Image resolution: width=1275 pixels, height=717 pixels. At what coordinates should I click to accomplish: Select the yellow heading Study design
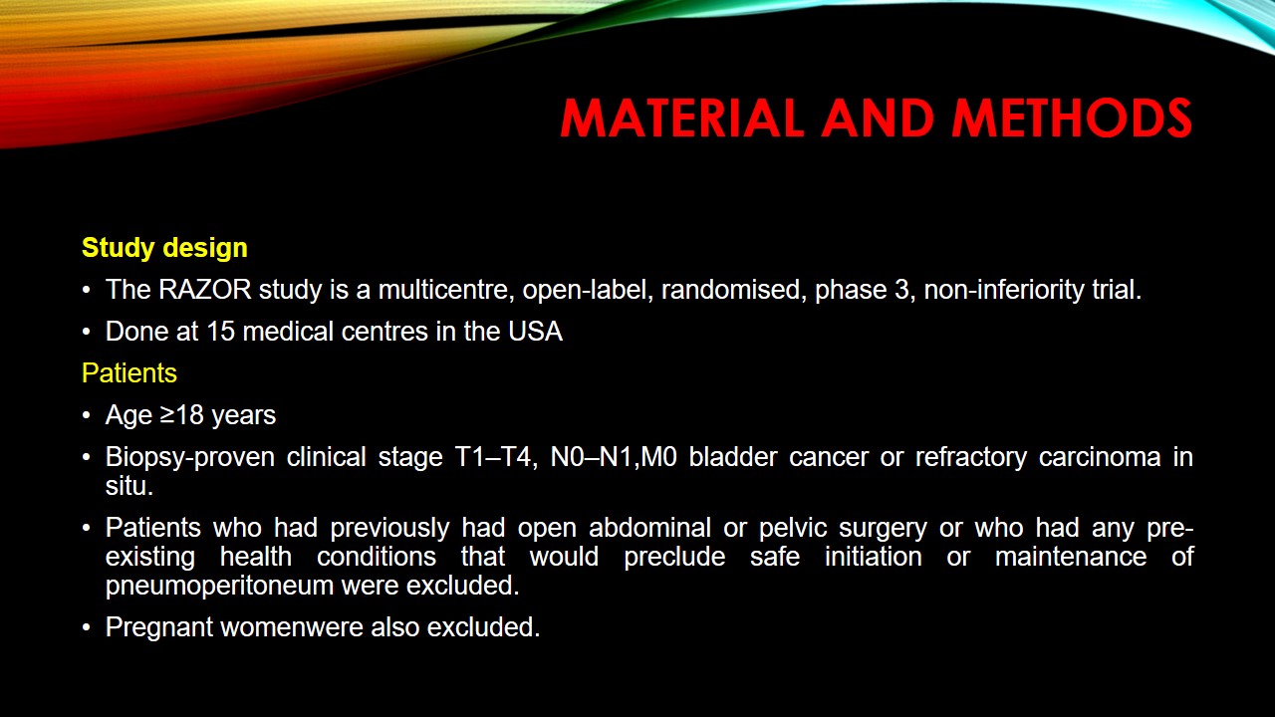164,248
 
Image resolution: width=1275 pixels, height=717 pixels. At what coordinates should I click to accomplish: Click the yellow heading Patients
129,373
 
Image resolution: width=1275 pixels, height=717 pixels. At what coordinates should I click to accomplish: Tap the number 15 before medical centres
220,332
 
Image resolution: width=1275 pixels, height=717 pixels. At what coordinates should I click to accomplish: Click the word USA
535,332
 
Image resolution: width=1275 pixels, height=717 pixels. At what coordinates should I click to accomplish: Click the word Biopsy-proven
187,457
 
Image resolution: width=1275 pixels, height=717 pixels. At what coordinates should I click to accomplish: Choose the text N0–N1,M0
612,457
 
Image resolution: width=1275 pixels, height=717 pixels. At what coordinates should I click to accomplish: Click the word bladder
730,457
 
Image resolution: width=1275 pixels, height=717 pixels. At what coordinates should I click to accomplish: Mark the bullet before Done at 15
87,333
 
